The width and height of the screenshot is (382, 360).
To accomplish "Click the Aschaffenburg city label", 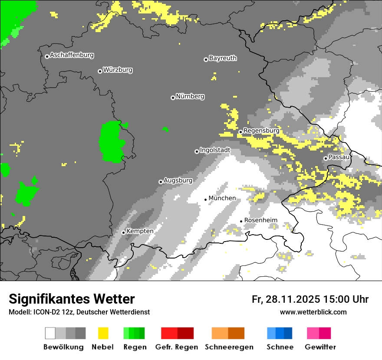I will point(72,56).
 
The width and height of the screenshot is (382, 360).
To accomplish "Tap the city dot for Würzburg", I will point(100,71).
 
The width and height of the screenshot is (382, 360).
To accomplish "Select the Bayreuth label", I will point(223,58).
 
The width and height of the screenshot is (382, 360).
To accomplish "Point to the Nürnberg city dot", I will point(173,98).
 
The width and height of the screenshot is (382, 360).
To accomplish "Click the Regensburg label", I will point(261,131).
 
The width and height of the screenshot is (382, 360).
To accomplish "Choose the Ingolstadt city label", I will point(215,150).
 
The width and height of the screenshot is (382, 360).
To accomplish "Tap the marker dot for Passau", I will point(326,158).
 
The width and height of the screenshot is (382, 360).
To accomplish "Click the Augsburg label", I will point(178,180).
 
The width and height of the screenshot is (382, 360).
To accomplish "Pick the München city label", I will point(222,198).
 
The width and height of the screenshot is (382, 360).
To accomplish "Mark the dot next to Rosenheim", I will point(241,221).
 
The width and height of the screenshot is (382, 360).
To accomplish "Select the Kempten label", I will point(140,231).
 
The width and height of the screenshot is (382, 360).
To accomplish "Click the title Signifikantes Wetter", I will point(72,299).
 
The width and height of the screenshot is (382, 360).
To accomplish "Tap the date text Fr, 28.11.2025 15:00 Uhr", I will point(310,299).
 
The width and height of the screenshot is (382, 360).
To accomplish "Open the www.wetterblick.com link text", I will point(313,312).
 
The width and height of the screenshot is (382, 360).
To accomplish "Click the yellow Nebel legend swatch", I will point(103,333).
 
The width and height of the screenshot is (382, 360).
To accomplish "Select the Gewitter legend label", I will point(320,347).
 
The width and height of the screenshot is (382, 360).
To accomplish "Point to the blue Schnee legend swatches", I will point(280,333).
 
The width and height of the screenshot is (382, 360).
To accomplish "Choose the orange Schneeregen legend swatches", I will point(228,333).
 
